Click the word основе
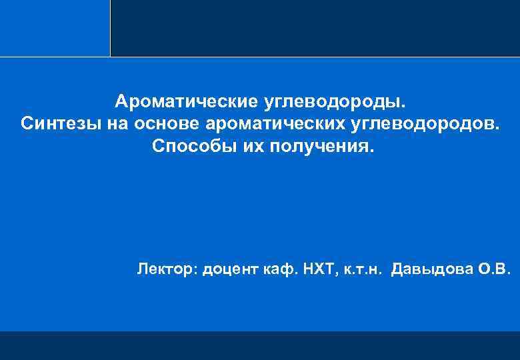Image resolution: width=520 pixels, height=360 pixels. click(x=169, y=123)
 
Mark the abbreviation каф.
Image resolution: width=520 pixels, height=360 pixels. click(x=277, y=269)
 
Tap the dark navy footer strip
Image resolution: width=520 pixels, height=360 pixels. click(x=260, y=345)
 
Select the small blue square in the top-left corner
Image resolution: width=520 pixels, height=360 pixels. click(x=55, y=28)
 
